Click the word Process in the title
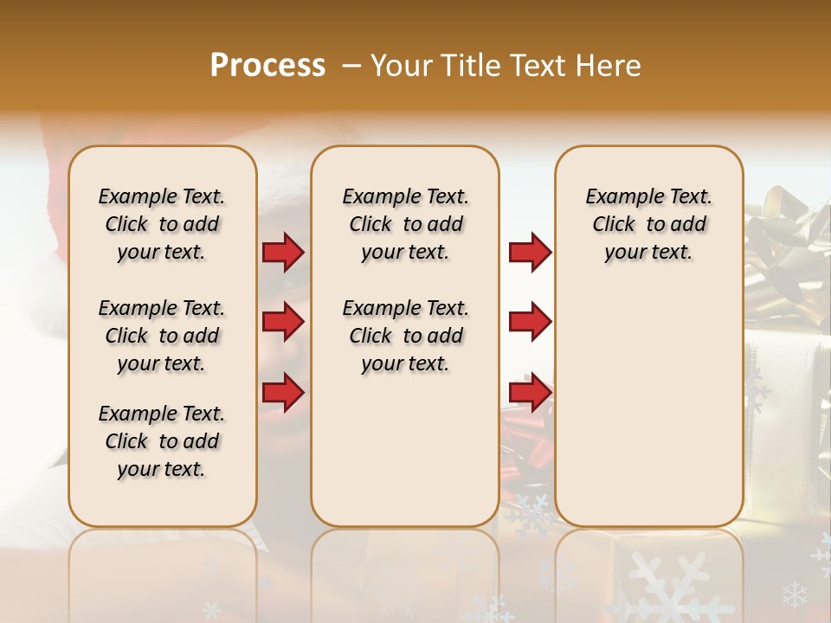pos(267,66)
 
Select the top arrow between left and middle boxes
pos(283,253)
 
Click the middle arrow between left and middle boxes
pos(283,322)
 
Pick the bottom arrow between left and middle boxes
pos(283,391)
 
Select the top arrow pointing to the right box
pos(530,253)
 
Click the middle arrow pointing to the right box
pos(530,322)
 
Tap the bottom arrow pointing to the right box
pos(530,391)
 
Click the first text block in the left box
pos(162,224)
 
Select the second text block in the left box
pos(162,336)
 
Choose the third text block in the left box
pos(162,441)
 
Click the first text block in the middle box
pos(405,224)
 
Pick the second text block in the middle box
pos(405,336)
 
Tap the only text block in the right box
pos(648,224)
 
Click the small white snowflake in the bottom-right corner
pos(794,594)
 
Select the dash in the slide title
pos(351,66)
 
